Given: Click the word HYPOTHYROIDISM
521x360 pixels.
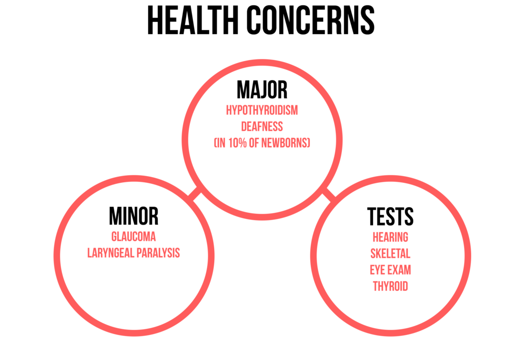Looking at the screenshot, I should pyautogui.click(x=262, y=110).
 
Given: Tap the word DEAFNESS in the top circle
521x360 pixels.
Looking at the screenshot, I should pyautogui.click(x=262, y=126).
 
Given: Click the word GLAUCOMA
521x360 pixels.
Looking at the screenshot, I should pyautogui.click(x=133, y=237).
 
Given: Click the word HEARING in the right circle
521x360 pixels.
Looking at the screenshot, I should pyautogui.click(x=390, y=237).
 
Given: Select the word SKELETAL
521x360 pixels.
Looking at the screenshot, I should pyautogui.click(x=390, y=254).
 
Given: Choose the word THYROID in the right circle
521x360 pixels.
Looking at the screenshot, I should pyautogui.click(x=390, y=286).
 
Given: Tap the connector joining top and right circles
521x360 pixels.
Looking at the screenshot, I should pyautogui.click(x=329, y=195).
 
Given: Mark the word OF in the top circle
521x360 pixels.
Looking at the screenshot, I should pyautogui.click(x=254, y=143).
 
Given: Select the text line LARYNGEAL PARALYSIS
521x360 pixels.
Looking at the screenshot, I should pyautogui.click(x=133, y=253).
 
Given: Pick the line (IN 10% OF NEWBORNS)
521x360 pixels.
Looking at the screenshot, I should pyautogui.click(x=262, y=143).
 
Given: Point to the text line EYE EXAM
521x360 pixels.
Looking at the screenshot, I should pyautogui.click(x=390, y=270).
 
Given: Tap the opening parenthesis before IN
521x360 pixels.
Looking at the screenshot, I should pyautogui.click(x=215, y=143).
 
